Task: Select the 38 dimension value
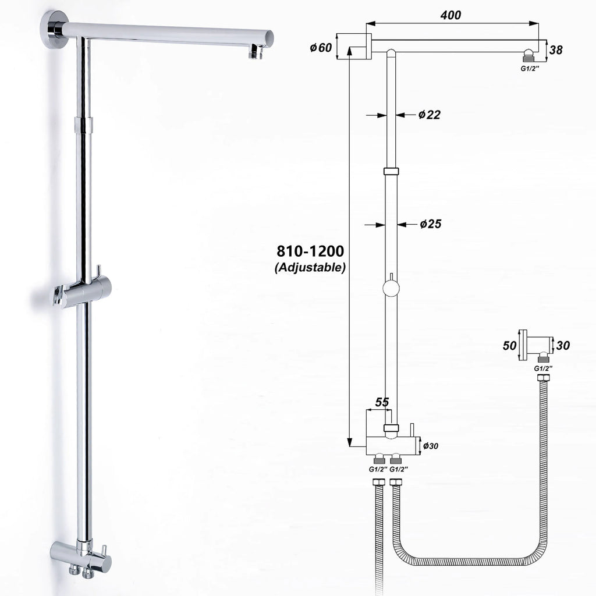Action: click(x=556, y=50)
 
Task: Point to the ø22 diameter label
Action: click(x=429, y=115)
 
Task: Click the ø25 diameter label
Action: click(x=429, y=224)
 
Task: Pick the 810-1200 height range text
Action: click(x=310, y=251)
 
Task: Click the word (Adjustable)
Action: click(x=310, y=268)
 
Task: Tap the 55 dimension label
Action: click(x=381, y=402)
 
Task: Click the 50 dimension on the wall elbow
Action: click(x=509, y=345)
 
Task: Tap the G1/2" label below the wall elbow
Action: click(x=543, y=368)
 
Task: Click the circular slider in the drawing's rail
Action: click(x=391, y=289)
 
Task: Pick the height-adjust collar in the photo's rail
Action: click(x=83, y=124)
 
